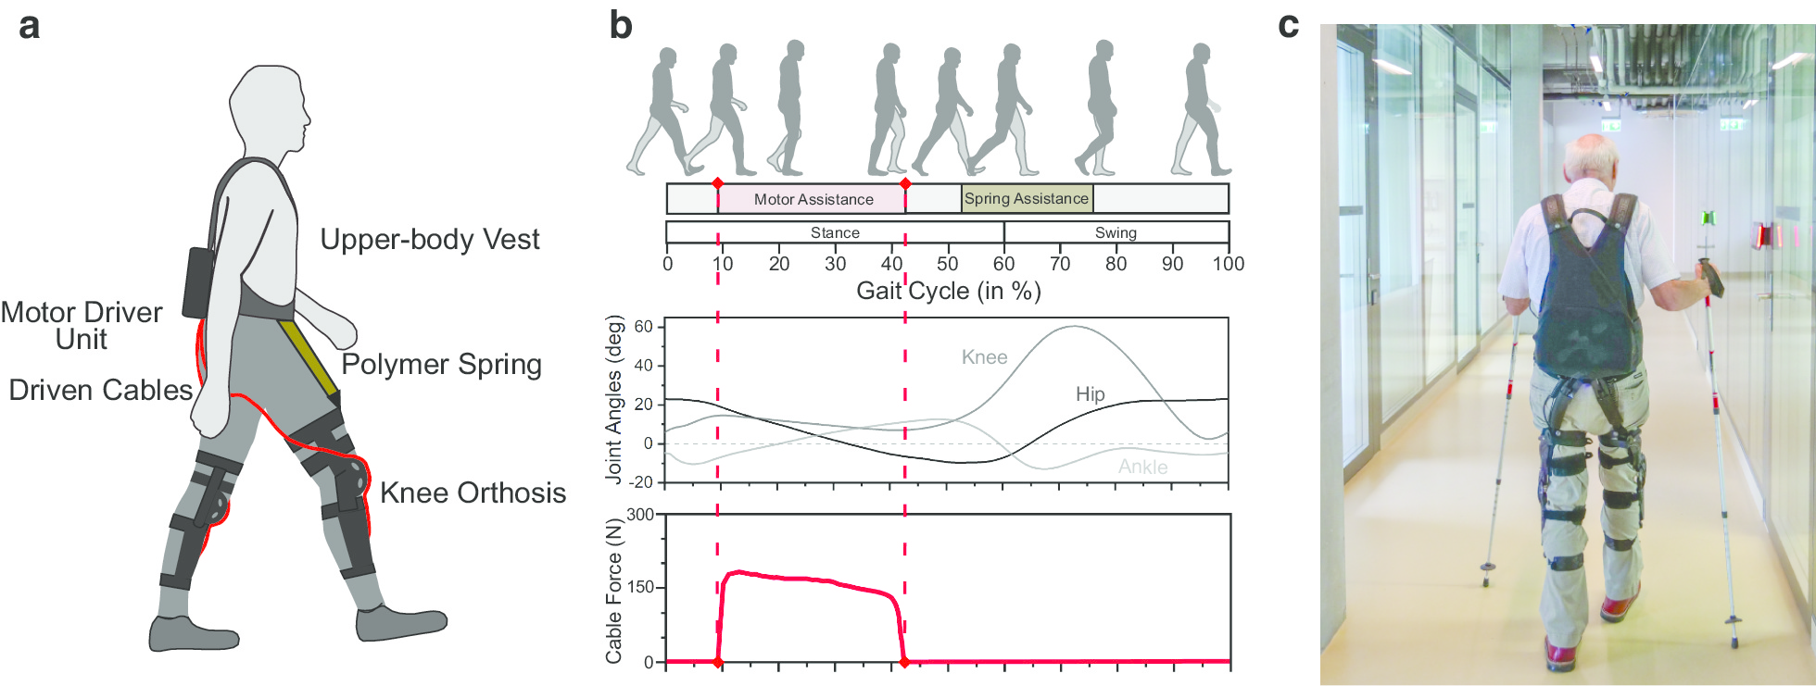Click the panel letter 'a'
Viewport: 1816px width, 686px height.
(x=29, y=26)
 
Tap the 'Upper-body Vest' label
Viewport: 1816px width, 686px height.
(x=429, y=240)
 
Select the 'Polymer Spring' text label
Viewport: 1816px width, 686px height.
(x=441, y=365)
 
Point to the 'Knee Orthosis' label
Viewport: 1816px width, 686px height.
(x=473, y=493)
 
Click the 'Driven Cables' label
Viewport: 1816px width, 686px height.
(x=100, y=391)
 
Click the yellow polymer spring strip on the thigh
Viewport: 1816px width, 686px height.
(x=309, y=357)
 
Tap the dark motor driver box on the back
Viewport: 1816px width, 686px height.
(x=199, y=282)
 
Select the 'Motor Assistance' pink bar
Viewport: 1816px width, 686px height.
(x=813, y=199)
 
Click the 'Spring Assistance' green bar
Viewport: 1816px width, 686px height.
(x=1027, y=199)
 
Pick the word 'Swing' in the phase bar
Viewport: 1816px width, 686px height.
(x=1116, y=232)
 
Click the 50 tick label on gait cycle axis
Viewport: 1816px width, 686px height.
(x=947, y=264)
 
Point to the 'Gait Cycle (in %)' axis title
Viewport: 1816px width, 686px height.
(x=948, y=292)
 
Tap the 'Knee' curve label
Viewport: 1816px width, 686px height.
(x=984, y=357)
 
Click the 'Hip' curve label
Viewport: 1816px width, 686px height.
(x=1090, y=394)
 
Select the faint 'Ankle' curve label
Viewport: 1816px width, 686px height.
(x=1142, y=467)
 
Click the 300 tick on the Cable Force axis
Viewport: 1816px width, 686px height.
(x=640, y=515)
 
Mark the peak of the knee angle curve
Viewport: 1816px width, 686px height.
(x=1073, y=327)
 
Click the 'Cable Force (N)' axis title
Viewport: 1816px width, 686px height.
(x=613, y=591)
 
